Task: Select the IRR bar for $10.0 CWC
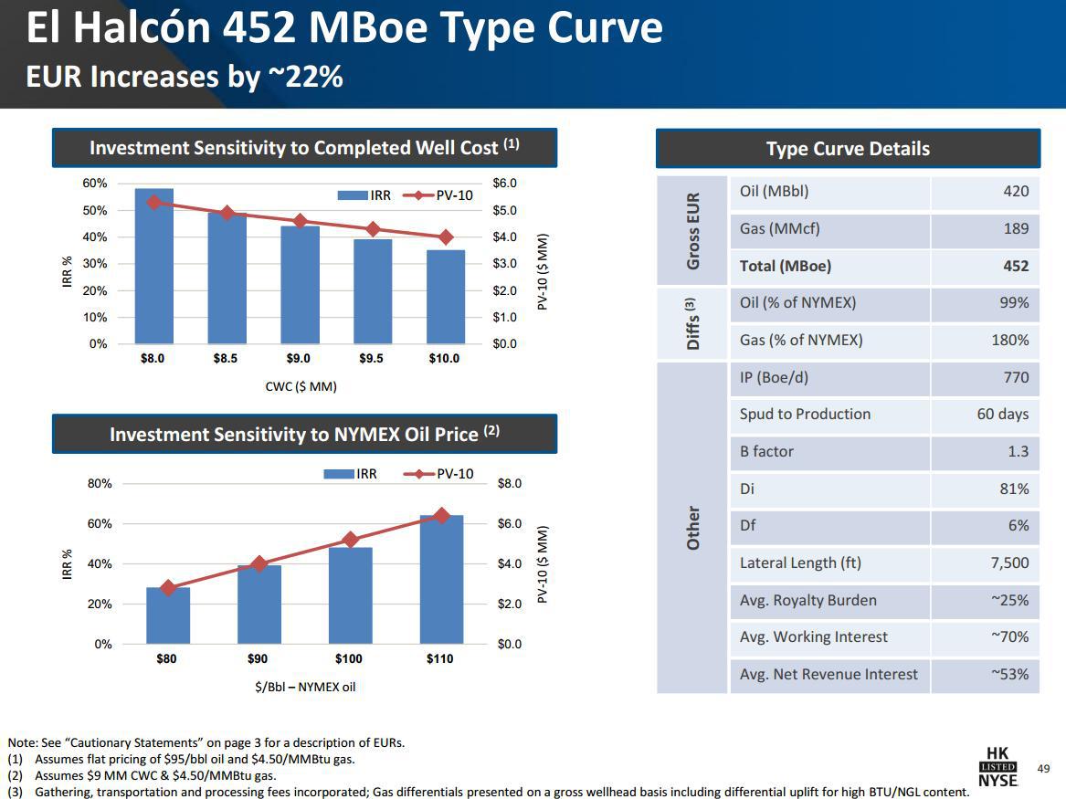[446, 298]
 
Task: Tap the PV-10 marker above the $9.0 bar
[300, 222]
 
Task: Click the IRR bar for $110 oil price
[441, 580]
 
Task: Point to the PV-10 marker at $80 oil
[167, 588]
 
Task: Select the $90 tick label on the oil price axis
[258, 658]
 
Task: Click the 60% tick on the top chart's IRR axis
[95, 184]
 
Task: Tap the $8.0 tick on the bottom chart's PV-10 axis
[509, 484]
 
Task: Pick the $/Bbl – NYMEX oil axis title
[305, 687]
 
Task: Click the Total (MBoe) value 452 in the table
[1015, 267]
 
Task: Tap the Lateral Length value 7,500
[1009, 563]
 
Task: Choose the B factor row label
[766, 451]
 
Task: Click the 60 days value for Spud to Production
[1002, 415]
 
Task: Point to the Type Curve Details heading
[848, 149]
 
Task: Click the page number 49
[1043, 770]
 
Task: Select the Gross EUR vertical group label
[692, 230]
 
